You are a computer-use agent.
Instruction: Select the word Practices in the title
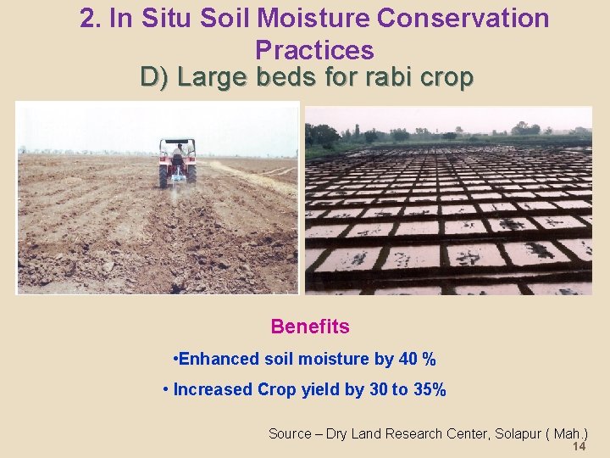314,50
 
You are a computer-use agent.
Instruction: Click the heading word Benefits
310,327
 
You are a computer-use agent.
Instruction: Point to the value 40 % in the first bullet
417,359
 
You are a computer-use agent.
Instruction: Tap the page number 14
579,447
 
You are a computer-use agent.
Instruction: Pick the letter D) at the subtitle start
156,78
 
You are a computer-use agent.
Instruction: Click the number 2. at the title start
91,18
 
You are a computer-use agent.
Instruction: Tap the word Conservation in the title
472,18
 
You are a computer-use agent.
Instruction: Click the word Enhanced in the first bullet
219,359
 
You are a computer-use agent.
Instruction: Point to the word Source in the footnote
290,433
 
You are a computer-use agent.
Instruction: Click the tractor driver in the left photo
178,151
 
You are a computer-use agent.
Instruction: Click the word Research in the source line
415,433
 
